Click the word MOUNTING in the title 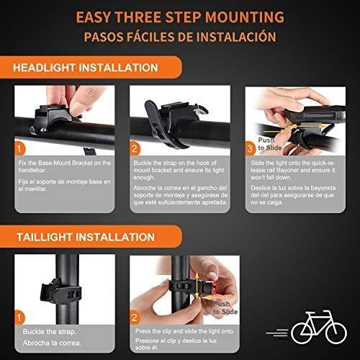click(245, 17)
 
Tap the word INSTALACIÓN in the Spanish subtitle click(236, 37)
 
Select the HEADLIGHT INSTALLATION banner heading click(86, 68)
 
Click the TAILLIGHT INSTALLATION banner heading click(86, 237)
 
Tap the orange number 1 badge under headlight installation click(19, 149)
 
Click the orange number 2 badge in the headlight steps click(135, 149)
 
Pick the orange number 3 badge click(251, 149)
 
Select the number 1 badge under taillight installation click(19, 318)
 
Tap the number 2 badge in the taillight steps click(135, 318)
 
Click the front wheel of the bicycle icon click(336, 333)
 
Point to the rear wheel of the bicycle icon click(302, 333)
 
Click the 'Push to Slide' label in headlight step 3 click(269, 144)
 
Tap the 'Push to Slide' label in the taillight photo click(225, 308)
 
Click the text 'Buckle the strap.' click(50, 332)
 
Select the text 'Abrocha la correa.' click(52, 343)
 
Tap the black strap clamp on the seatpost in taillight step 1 click(61, 291)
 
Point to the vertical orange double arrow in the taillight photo click(197, 286)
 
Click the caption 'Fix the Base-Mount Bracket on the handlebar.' click(65, 166)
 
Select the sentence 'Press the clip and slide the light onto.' click(185, 331)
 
